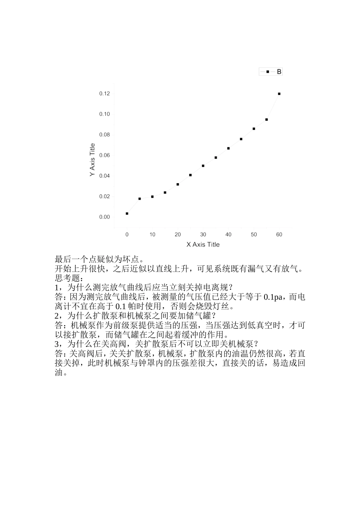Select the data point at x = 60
point(279,94)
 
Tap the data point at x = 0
point(127,214)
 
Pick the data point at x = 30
point(203,166)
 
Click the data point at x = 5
point(139,199)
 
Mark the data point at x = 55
point(266,120)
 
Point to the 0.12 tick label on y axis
point(105,94)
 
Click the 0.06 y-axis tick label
point(105,155)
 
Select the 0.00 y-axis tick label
point(105,217)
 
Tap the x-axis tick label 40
point(229,234)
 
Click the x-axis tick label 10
point(152,234)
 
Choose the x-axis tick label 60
point(279,234)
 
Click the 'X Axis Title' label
point(203,245)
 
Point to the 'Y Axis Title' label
point(92,159)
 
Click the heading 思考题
point(65,278)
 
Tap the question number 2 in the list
point(57,316)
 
